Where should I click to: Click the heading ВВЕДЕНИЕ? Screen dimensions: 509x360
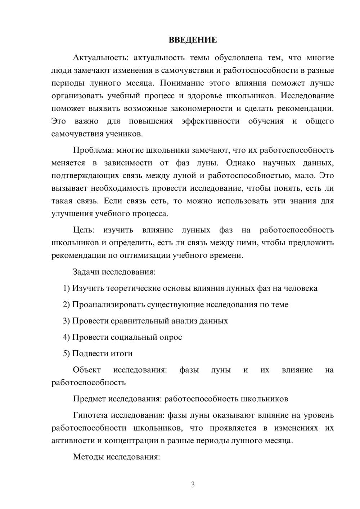[193, 40]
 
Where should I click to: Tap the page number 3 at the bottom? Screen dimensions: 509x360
[193, 485]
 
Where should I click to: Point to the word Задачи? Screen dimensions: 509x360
[86, 272]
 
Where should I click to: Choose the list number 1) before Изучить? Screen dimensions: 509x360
[67, 288]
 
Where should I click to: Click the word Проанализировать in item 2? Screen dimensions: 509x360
[109, 305]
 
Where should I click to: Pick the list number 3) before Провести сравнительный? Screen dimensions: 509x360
[67, 321]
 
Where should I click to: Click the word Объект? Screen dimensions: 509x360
[87, 370]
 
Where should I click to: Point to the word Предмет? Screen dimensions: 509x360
[90, 399]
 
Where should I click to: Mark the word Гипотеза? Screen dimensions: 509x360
[90, 415]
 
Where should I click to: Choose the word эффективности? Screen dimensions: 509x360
[210, 121]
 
